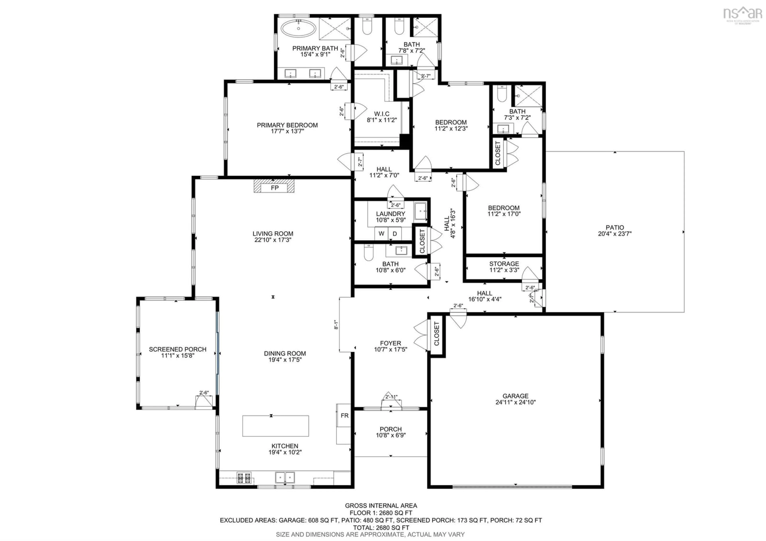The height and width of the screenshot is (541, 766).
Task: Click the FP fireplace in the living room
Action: point(274,188)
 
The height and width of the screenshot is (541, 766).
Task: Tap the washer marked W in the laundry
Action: point(381,233)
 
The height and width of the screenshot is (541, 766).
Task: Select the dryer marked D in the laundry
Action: point(395,233)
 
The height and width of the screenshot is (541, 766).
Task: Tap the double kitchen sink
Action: point(285,477)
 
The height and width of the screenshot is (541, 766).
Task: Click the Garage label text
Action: point(515,396)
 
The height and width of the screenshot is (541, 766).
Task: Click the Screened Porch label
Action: point(178,349)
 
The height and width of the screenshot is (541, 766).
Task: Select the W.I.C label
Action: point(382,114)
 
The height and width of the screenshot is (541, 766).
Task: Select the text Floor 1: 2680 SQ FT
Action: point(381,513)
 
